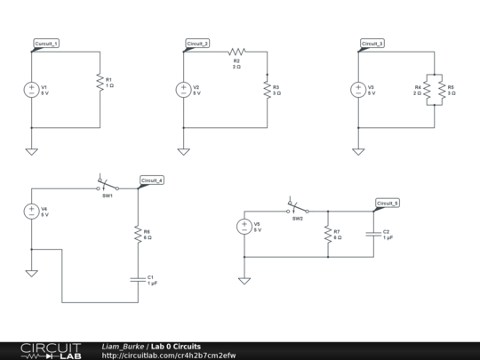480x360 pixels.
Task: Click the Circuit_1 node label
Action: tap(47, 44)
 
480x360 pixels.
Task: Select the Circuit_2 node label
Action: tap(198, 44)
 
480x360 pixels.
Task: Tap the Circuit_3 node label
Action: tap(373, 44)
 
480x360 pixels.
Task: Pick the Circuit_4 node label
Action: tap(151, 180)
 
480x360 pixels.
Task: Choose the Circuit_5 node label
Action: tap(388, 204)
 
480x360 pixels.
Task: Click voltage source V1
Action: tap(32, 90)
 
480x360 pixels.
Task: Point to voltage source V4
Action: tap(32, 212)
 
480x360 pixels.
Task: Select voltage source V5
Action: tap(244, 227)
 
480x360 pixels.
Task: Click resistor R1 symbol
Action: tap(98, 83)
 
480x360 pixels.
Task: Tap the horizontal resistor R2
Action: tap(236, 52)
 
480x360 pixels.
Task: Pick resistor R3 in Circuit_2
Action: tap(266, 90)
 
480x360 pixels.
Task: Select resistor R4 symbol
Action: tap(427, 90)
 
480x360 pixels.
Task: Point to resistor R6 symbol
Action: tap(137, 234)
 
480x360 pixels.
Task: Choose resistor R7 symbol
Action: tap(328, 234)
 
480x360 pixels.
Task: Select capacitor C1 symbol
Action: tap(137, 279)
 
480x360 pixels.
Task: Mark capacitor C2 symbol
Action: tap(372, 234)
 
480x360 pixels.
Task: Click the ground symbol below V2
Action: tap(183, 150)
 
